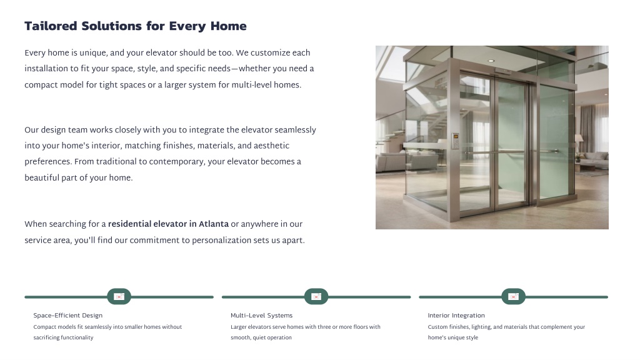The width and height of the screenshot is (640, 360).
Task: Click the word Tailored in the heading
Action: (x=51, y=26)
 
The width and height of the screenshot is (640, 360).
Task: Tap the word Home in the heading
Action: (x=229, y=26)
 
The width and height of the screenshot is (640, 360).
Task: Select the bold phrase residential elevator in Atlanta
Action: (x=168, y=224)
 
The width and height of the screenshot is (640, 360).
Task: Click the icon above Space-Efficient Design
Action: (x=119, y=297)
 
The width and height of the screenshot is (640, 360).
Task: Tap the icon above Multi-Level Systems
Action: (x=316, y=297)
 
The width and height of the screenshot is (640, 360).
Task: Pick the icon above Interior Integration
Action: (x=514, y=297)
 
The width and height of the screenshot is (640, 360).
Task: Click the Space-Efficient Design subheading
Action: (x=67, y=316)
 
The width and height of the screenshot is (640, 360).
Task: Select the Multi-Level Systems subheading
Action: (x=262, y=316)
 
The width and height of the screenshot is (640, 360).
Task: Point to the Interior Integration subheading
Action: (x=456, y=316)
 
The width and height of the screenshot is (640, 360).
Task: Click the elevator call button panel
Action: (x=455, y=141)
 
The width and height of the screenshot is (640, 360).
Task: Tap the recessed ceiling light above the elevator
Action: (x=491, y=61)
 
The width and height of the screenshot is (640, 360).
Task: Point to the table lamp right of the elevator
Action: (x=579, y=144)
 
